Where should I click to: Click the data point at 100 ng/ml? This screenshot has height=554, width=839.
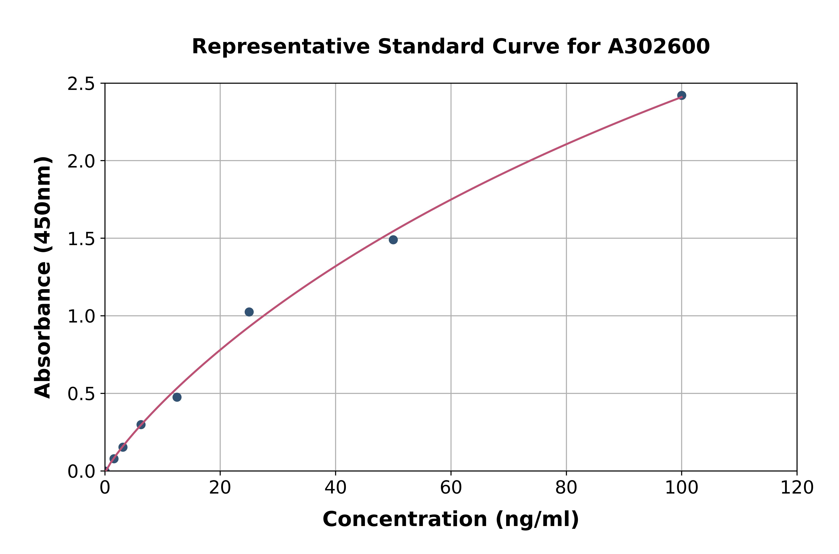pos(681,95)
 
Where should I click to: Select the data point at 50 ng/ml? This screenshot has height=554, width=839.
pos(393,240)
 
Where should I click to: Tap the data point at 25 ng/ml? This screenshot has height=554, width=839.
pos(249,312)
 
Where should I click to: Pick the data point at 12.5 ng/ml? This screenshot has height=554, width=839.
pos(177,397)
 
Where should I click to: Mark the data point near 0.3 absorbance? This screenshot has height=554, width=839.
pos(141,425)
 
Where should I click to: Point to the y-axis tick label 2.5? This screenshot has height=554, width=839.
pos(81,84)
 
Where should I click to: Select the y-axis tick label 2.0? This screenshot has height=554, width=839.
pos(81,162)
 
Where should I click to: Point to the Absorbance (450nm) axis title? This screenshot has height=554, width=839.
pos(43,277)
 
